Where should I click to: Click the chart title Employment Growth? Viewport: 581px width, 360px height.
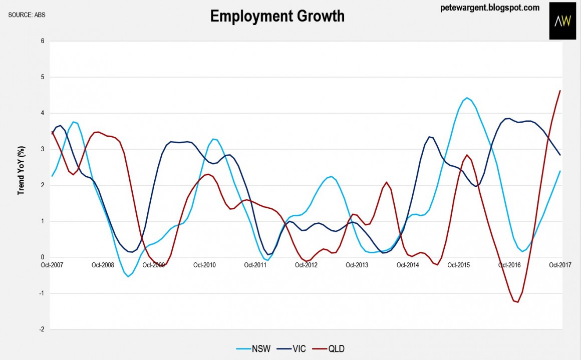(277, 16)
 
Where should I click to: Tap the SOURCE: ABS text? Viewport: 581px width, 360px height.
(27, 15)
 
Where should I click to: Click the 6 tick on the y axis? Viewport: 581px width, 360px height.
(43, 41)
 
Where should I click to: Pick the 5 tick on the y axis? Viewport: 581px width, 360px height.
(43, 77)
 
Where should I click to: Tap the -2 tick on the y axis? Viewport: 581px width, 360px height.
(42, 329)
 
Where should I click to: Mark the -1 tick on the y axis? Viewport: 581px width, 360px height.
(42, 293)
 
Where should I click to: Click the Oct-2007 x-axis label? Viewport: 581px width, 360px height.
(52, 265)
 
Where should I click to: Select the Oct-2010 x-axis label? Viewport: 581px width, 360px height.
(204, 265)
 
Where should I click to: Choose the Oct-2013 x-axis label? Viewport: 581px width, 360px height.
(357, 265)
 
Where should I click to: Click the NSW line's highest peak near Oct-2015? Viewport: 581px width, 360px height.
(466, 98)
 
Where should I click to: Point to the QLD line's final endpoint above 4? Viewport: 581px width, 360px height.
(560, 91)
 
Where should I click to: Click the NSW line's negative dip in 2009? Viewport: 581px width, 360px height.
(128, 276)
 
